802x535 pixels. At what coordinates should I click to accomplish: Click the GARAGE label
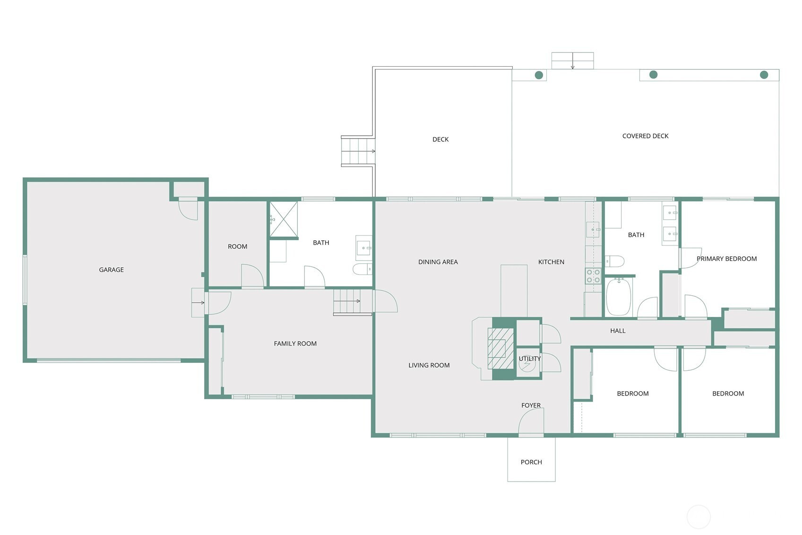coord(112,270)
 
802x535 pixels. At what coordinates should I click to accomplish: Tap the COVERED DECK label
coord(645,136)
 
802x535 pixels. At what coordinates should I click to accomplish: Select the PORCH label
coord(531,462)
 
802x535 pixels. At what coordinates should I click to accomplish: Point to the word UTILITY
coord(529,359)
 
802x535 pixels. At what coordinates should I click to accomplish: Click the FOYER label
coord(531,405)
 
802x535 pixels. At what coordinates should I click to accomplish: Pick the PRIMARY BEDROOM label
coord(726,259)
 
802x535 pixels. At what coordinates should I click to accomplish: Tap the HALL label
coord(618,331)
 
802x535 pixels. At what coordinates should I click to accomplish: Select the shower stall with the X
coord(284,219)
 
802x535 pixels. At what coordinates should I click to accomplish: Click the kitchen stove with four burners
coord(593,276)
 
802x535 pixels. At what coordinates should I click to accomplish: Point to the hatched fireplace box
coord(501,348)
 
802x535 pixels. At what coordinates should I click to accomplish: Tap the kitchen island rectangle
coord(514,291)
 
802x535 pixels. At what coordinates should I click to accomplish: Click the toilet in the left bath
coord(362,269)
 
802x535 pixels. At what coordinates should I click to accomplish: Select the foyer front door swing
coord(531,421)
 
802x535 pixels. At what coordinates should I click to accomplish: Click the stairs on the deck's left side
coord(358,151)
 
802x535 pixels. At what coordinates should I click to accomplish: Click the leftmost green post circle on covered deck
coord(539,75)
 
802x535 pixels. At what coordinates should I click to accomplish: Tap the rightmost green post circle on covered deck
coord(764,75)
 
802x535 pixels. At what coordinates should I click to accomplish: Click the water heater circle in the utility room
coord(527,364)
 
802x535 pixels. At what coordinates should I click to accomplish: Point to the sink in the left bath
coord(364,247)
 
